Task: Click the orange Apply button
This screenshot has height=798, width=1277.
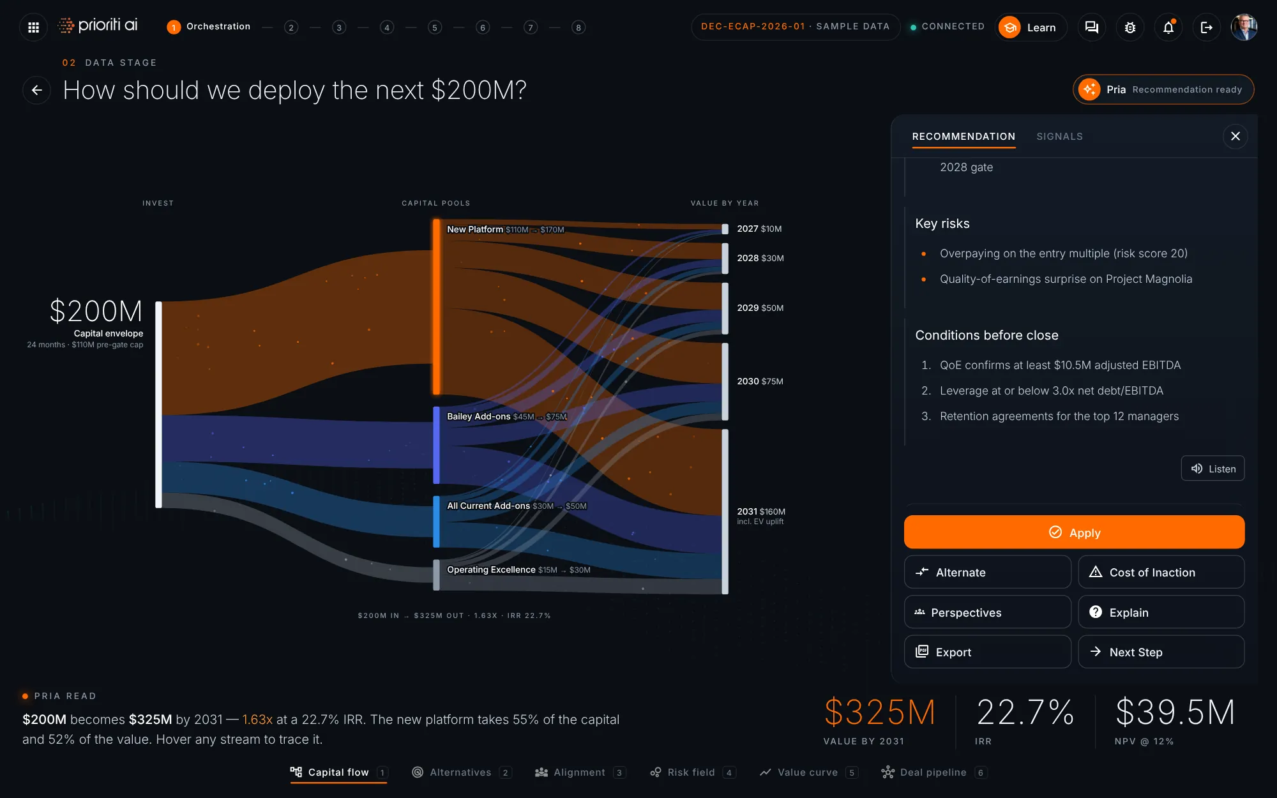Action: (x=1074, y=532)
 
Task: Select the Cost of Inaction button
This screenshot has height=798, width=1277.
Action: (x=1161, y=572)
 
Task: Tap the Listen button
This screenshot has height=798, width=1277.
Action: (x=1213, y=468)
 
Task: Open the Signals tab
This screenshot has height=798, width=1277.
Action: (x=1059, y=136)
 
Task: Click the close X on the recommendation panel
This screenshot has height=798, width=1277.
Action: (x=1235, y=136)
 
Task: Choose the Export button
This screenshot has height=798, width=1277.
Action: (x=987, y=652)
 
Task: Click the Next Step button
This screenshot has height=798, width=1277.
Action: (x=1161, y=652)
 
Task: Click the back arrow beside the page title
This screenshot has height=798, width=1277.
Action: (x=37, y=90)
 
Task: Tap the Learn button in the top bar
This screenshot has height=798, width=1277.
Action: (x=1031, y=27)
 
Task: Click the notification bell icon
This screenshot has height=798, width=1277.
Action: (x=1168, y=27)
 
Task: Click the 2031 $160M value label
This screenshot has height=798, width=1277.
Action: (x=761, y=511)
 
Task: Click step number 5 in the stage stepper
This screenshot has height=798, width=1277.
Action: (x=435, y=27)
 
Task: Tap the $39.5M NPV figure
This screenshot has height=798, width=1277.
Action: (x=1175, y=712)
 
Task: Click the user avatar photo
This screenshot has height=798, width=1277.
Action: (x=1244, y=27)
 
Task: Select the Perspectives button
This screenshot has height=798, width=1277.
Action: (x=987, y=612)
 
